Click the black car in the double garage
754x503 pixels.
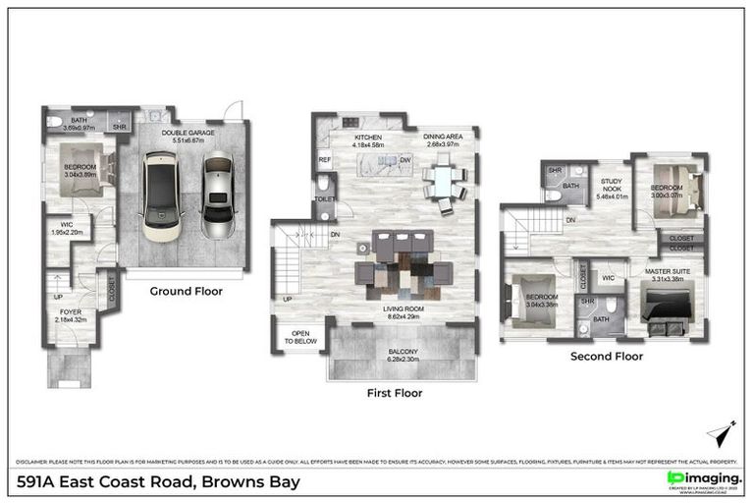[161, 196]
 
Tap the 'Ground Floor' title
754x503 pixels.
[187, 291]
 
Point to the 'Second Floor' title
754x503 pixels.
[607, 356]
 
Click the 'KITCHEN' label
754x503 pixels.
[368, 138]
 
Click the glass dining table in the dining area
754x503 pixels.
[444, 182]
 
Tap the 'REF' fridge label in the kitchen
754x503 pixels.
[324, 159]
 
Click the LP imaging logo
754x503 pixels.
[703, 478]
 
